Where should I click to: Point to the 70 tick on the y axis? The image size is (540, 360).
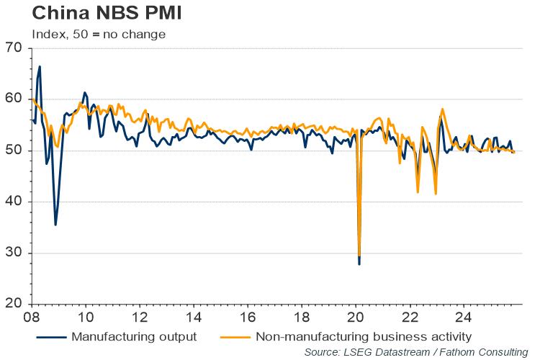[14, 48]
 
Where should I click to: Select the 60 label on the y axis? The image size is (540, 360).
[14, 99]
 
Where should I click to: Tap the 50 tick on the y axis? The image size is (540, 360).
[14, 150]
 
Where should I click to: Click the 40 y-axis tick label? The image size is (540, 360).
[14, 202]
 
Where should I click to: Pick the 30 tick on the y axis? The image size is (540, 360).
[14, 253]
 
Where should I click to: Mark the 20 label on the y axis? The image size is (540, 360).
[14, 304]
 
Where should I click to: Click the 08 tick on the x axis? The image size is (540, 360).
[32, 317]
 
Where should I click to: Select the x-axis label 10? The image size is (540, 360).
[86, 317]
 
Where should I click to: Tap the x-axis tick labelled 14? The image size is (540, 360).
[194, 317]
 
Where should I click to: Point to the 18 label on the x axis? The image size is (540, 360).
[302, 317]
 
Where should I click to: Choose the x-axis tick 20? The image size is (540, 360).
[356, 317]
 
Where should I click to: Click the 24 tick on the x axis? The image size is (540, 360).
[464, 317]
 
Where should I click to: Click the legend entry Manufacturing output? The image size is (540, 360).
[132, 336]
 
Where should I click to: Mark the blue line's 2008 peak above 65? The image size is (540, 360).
[40, 66]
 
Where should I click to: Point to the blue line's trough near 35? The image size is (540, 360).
[55, 225]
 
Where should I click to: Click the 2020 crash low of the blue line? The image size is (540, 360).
[359, 264]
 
